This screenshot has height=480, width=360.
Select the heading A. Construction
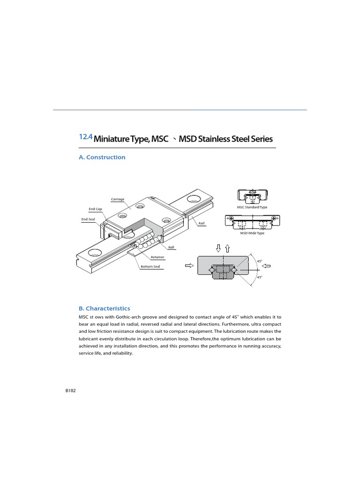[x=102, y=157]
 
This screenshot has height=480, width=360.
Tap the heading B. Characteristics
[x=104, y=308]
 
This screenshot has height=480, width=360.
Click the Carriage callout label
[x=118, y=199]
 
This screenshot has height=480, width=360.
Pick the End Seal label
[x=88, y=219]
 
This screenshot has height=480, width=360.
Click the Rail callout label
[x=202, y=224]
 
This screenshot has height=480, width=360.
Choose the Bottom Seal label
[x=150, y=267]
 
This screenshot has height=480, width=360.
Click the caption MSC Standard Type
[x=252, y=207]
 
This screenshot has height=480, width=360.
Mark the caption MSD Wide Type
[x=252, y=233]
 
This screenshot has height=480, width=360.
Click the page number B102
[x=70, y=391]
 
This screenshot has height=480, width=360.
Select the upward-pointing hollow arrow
[x=228, y=248]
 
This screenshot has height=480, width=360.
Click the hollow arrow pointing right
[x=189, y=266]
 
